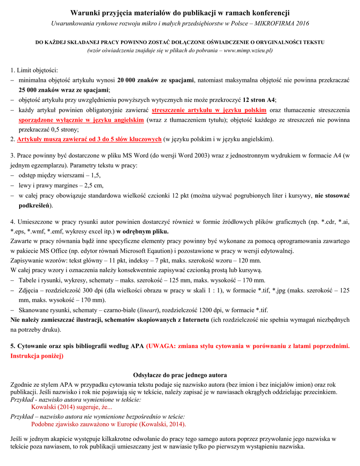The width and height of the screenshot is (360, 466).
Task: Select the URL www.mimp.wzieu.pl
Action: click(x=248, y=50)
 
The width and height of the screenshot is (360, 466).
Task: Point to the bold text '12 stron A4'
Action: click(x=259, y=100)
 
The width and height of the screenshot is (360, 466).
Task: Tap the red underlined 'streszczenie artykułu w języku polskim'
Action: click(x=209, y=110)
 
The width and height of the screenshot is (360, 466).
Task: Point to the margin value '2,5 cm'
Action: click(x=93, y=185)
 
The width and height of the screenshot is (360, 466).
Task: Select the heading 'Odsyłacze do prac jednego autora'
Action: click(x=180, y=375)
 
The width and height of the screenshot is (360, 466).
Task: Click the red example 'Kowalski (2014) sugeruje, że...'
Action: click(x=71, y=407)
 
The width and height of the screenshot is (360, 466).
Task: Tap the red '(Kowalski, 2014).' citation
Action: click(x=162, y=424)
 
